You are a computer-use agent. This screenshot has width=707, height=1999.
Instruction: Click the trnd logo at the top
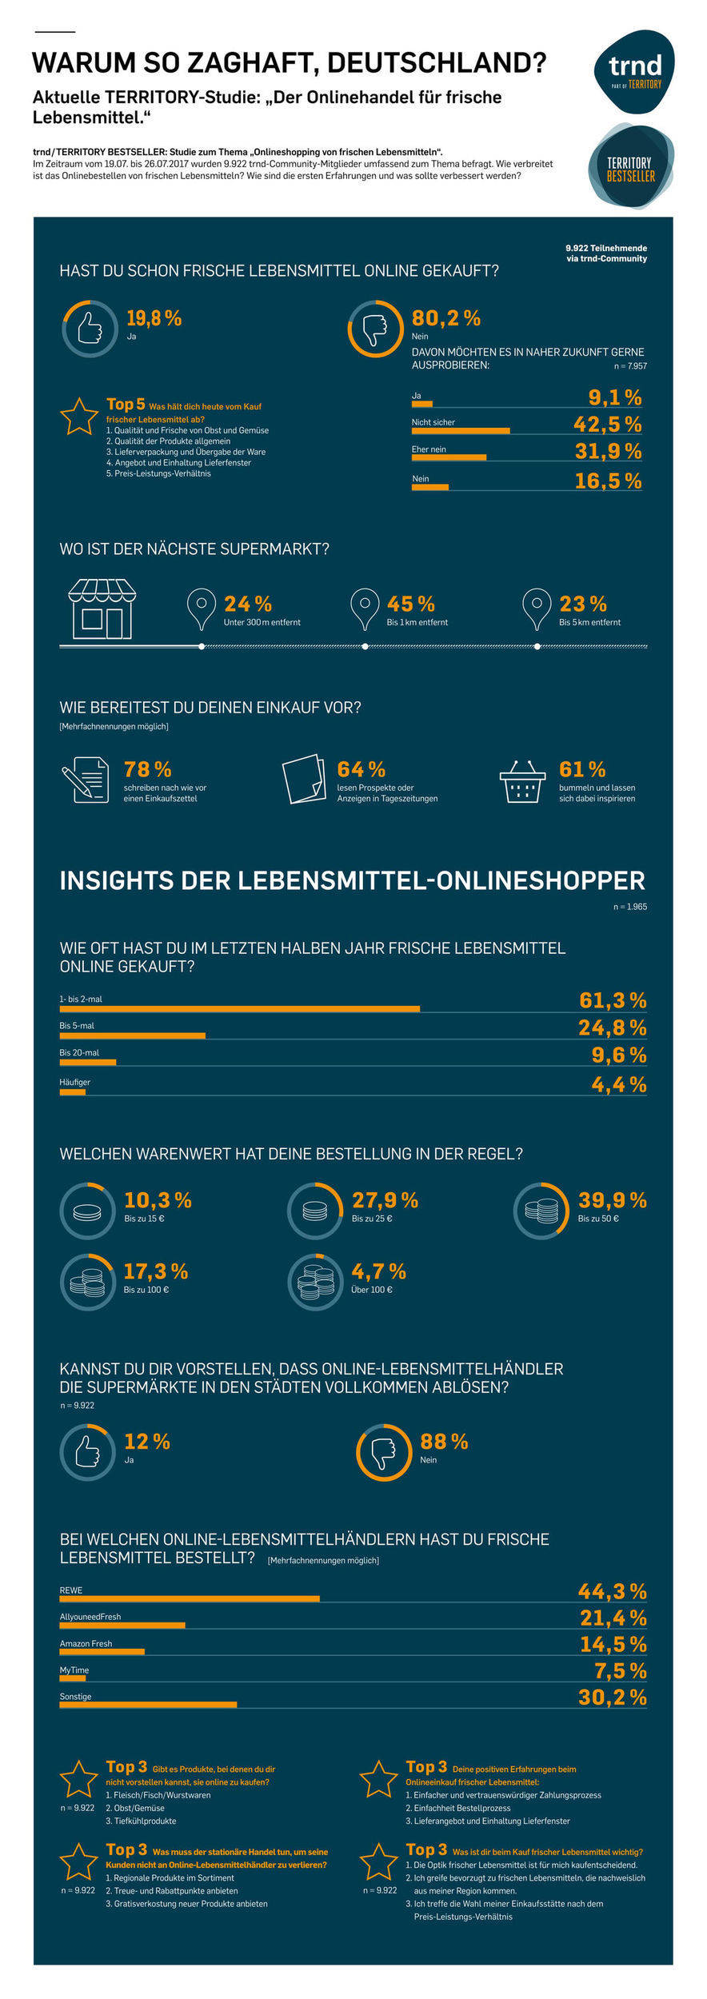point(634,70)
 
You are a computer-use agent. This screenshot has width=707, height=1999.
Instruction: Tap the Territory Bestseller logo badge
point(630,167)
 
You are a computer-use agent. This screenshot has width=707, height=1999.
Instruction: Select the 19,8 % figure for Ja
point(154,318)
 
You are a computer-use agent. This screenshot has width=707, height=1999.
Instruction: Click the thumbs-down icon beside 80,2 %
point(375,328)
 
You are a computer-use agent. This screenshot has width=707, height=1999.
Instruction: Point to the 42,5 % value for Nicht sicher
point(607,425)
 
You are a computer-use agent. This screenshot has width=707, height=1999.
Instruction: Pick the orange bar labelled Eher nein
point(449,457)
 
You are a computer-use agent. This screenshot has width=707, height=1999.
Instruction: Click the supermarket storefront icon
point(102,608)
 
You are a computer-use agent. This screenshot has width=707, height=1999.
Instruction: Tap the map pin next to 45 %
point(365,608)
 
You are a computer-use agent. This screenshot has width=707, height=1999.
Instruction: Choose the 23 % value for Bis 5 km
point(582,604)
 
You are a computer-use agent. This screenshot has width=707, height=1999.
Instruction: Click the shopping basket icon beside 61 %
point(522,781)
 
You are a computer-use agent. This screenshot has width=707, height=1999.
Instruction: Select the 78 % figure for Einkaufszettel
point(148,769)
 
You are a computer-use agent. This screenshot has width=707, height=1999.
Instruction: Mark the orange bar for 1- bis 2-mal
point(239,1009)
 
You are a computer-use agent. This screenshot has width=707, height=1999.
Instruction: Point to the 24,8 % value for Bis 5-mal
point(612,1027)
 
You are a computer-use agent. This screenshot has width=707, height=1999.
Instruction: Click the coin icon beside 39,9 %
point(541,1211)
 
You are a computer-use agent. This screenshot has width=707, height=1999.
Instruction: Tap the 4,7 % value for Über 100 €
point(378,1271)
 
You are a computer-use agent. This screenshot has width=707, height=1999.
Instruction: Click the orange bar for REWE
point(190,1598)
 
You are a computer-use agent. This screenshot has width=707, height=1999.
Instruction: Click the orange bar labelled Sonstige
point(148,1705)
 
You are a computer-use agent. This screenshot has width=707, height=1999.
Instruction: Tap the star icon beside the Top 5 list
point(79,417)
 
